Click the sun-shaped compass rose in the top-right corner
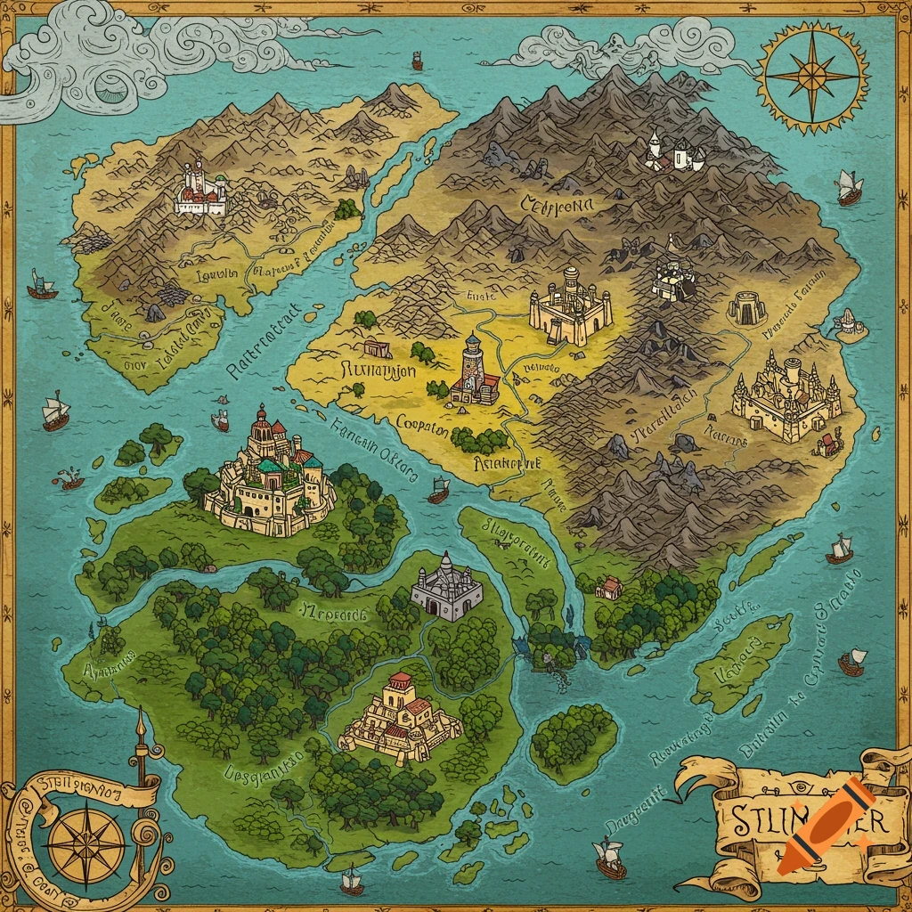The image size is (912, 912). pos(811,76)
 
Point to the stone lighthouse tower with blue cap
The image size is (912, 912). pos(473,370)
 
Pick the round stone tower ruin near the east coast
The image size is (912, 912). pos(746,308)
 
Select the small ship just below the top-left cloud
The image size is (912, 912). pos(417,61)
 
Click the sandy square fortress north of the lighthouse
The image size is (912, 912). pos(570,308)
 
